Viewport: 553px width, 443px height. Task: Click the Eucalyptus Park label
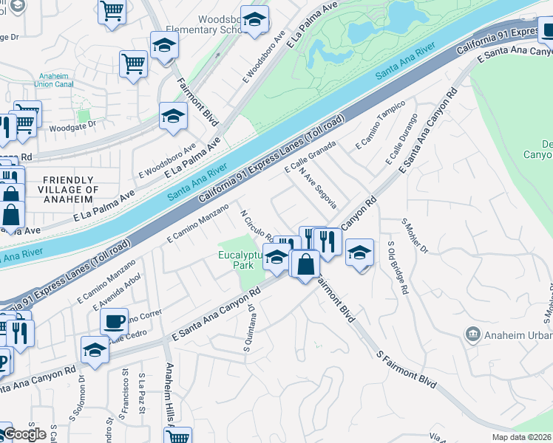240,260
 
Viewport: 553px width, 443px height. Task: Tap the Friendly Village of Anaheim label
69,190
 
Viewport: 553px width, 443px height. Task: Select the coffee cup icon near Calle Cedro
114,322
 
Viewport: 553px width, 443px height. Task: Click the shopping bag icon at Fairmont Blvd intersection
305,264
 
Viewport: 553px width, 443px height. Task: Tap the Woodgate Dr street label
72,125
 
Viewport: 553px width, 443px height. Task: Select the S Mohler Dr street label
415,235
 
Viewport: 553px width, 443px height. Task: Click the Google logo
24,434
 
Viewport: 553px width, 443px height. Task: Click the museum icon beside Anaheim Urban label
472,334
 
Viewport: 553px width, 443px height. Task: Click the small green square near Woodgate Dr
84,116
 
